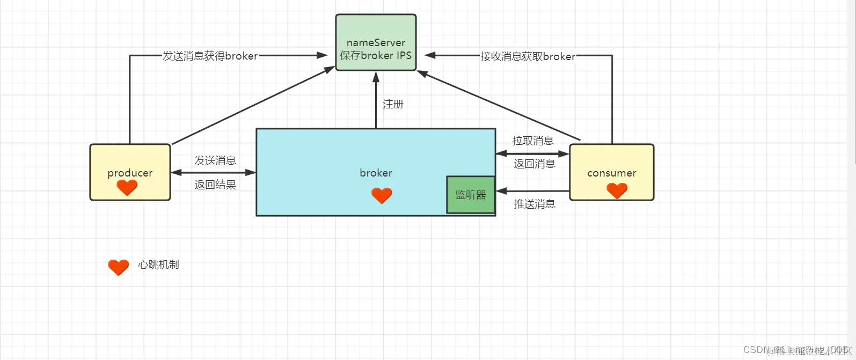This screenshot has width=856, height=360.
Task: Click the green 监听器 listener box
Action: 471,195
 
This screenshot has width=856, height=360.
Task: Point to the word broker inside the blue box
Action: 376,173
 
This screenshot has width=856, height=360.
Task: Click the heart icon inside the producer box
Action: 127,187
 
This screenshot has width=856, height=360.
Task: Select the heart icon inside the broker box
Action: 382,195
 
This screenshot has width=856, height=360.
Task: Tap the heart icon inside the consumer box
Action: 617,190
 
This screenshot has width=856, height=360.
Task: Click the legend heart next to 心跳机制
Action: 118,267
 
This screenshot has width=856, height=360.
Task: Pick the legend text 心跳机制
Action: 158,265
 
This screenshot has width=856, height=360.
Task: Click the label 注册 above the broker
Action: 393,104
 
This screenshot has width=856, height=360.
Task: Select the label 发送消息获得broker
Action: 210,56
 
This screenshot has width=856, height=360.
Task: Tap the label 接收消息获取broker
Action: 528,56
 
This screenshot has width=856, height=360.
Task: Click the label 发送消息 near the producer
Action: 215,160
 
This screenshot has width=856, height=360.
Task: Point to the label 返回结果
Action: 215,185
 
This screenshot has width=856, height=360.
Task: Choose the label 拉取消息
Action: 533,141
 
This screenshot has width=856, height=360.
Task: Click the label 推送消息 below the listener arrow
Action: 535,204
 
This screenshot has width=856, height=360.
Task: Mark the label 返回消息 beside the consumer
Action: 535,164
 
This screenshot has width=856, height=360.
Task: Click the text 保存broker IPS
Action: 376,55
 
